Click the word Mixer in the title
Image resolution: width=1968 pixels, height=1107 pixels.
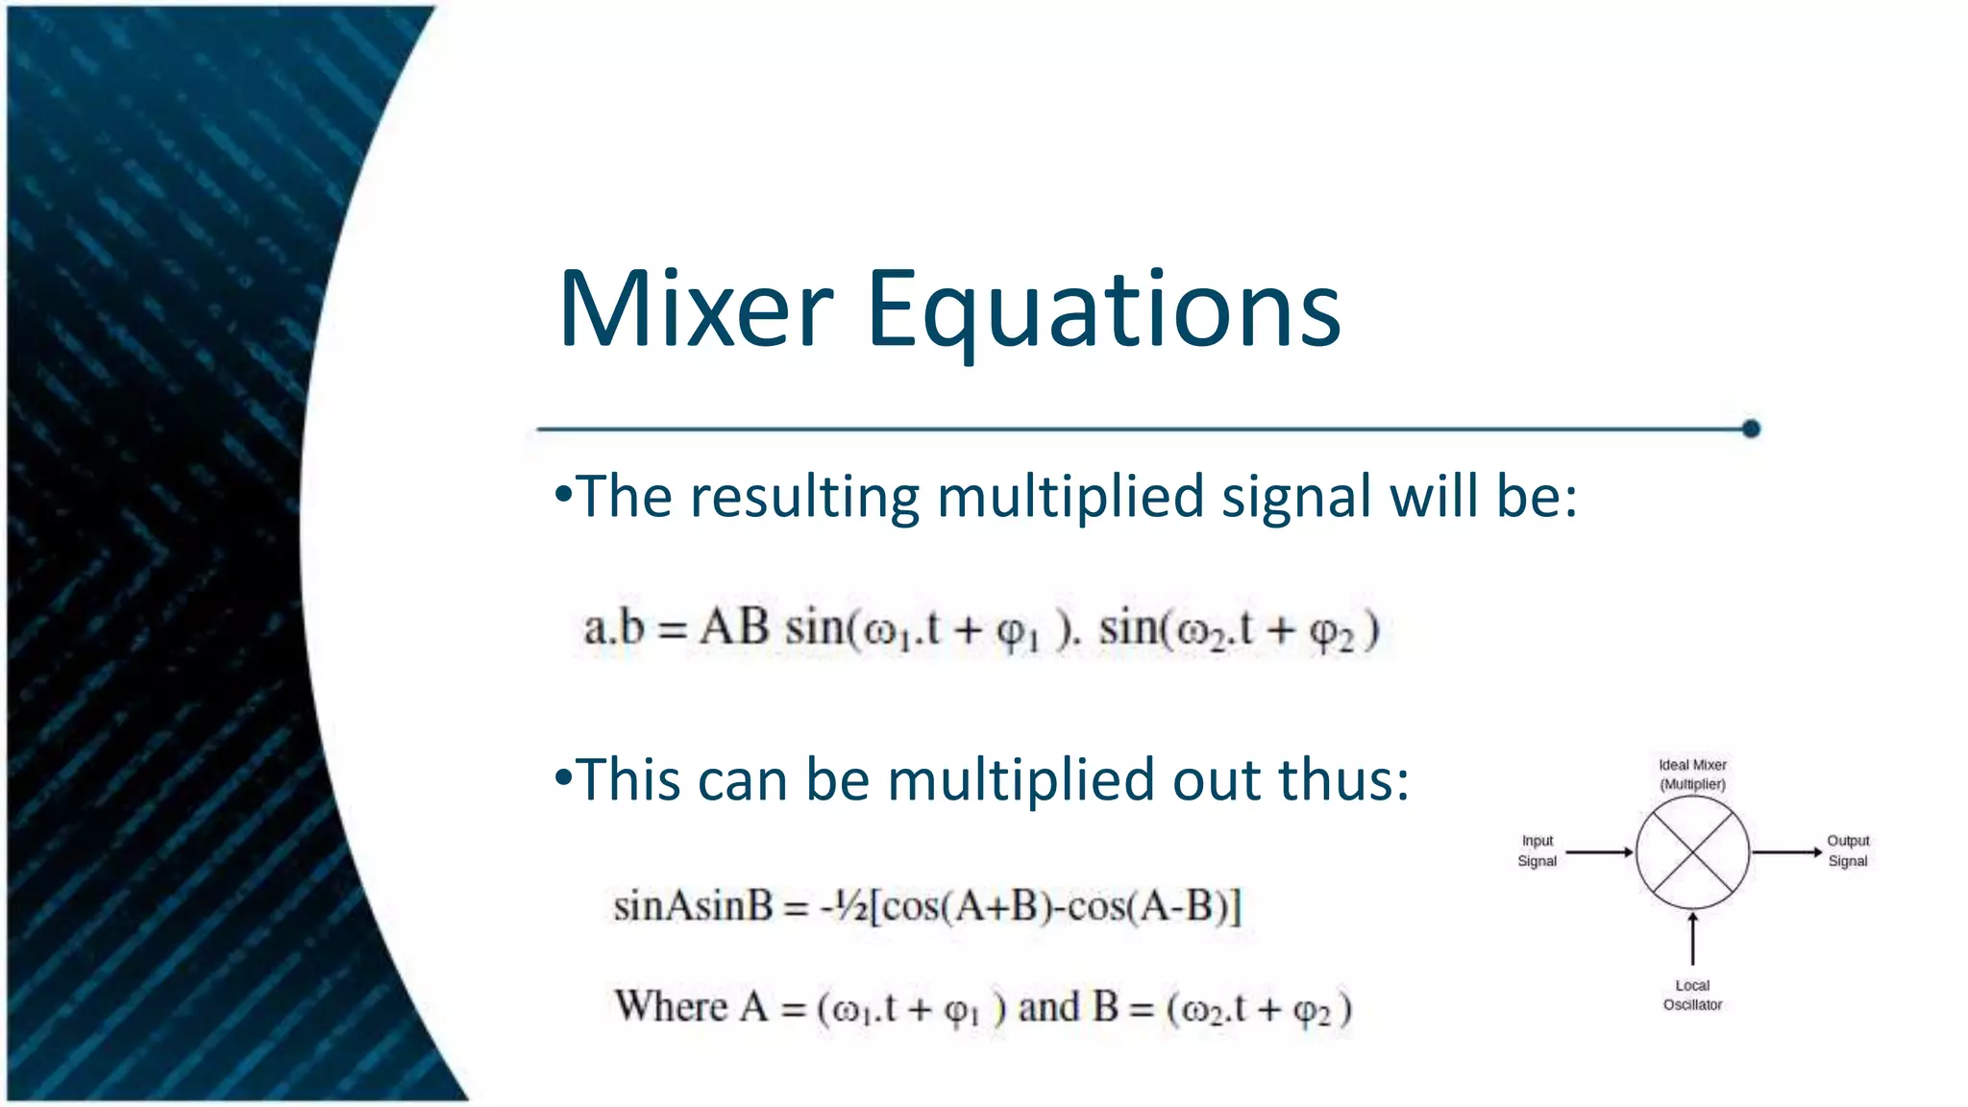696,309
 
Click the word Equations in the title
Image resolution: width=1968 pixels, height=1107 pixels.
1103,309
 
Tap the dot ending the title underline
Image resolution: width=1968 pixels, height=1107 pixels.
1751,429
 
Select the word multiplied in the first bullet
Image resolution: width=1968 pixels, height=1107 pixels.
1070,498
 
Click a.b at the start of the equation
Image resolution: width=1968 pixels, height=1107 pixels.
614,629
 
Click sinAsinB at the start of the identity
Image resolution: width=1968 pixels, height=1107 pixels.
693,906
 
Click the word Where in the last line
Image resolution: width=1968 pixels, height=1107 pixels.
672,1007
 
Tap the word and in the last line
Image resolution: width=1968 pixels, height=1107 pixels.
1048,1007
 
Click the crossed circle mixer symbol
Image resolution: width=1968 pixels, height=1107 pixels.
1692,852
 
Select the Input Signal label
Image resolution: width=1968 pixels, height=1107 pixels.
1537,851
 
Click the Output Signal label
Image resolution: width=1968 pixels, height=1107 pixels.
1847,851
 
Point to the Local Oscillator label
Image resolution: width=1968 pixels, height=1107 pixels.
1692,996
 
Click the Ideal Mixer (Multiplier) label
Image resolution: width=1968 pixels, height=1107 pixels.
1692,775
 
